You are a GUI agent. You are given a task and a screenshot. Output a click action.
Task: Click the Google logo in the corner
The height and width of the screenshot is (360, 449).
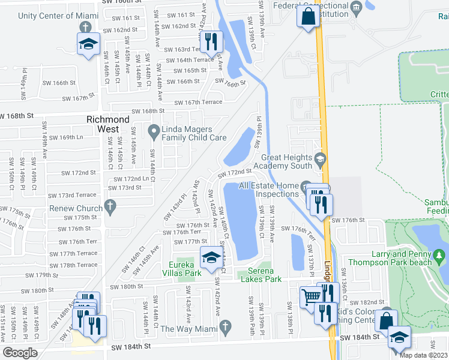(x=20, y=352)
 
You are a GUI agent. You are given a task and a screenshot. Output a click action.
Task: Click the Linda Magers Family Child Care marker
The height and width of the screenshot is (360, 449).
(x=154, y=130)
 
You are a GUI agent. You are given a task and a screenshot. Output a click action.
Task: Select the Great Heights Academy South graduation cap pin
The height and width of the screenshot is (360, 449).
(x=321, y=159)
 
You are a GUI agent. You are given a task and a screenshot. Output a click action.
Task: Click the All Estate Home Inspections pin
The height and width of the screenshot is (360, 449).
(x=306, y=186)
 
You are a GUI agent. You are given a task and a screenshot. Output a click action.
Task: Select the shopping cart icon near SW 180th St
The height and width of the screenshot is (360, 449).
(x=311, y=295)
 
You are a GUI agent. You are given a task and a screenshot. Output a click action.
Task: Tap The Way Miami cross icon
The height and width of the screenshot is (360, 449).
(x=225, y=327)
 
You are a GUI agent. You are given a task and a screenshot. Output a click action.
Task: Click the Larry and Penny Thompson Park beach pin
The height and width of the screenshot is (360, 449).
(x=440, y=256)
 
